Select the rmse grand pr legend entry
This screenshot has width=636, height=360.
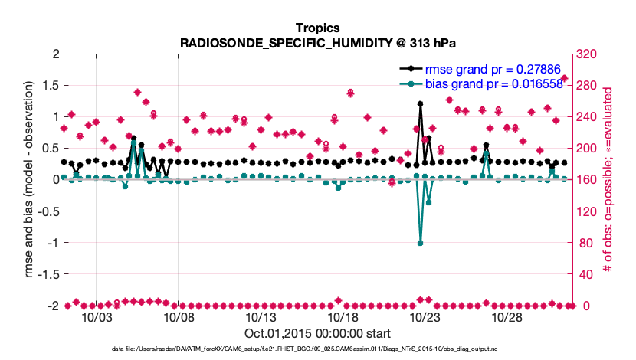click(495, 69)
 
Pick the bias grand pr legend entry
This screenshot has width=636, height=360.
click(495, 83)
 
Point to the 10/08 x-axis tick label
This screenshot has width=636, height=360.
click(179, 317)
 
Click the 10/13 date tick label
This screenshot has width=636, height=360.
click(261, 317)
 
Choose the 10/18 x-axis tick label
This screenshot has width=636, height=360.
click(343, 317)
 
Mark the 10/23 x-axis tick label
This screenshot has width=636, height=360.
click(425, 317)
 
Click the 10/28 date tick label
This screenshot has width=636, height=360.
click(507, 317)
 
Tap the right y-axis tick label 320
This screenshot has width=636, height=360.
click(588, 54)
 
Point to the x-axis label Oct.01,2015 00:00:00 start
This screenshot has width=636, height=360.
click(317, 333)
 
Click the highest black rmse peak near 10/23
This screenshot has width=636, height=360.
click(420, 103)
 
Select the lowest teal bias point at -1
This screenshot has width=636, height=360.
click(420, 243)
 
